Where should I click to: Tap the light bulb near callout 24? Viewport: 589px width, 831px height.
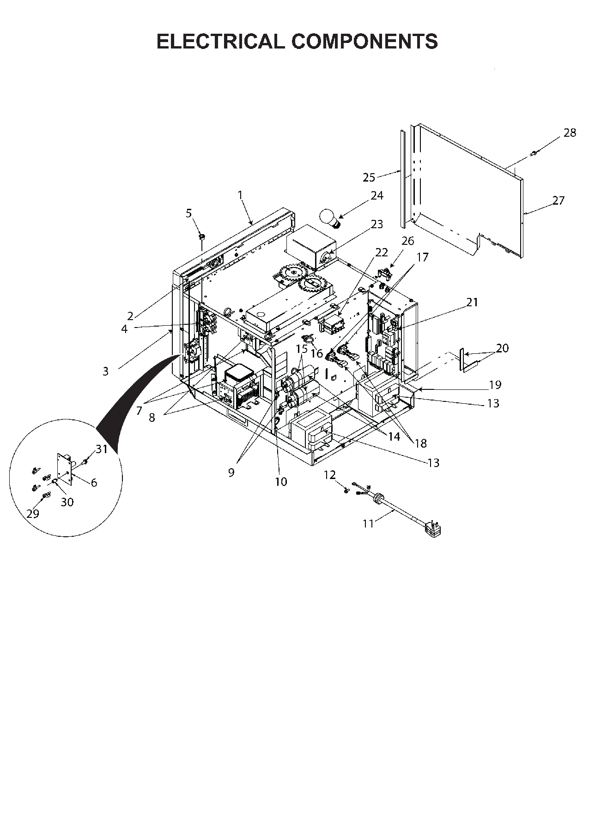[x=328, y=217]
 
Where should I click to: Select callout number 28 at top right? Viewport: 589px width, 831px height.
[x=570, y=133]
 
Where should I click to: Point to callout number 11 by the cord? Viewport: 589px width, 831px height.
[x=368, y=523]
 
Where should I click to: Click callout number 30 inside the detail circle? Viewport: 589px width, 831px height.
[x=67, y=502]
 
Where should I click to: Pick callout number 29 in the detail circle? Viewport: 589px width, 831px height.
[x=33, y=514]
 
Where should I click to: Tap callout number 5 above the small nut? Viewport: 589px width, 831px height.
[x=188, y=213]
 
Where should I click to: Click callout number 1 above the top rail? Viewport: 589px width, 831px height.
[x=240, y=195]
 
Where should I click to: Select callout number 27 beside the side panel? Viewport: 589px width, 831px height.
[x=558, y=200]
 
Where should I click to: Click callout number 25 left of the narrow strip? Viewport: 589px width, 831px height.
[x=369, y=177]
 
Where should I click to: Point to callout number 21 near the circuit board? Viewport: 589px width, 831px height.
[x=472, y=302]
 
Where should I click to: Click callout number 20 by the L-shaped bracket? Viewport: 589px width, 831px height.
[x=502, y=348]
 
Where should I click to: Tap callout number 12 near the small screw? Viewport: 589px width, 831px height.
[x=329, y=475]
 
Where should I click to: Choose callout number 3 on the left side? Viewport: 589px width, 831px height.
[x=105, y=371]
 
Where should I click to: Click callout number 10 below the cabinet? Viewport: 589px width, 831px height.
[x=281, y=482]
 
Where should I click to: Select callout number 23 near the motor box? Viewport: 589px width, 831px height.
[x=377, y=224]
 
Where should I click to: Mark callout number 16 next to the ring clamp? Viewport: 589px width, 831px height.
[x=316, y=354]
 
